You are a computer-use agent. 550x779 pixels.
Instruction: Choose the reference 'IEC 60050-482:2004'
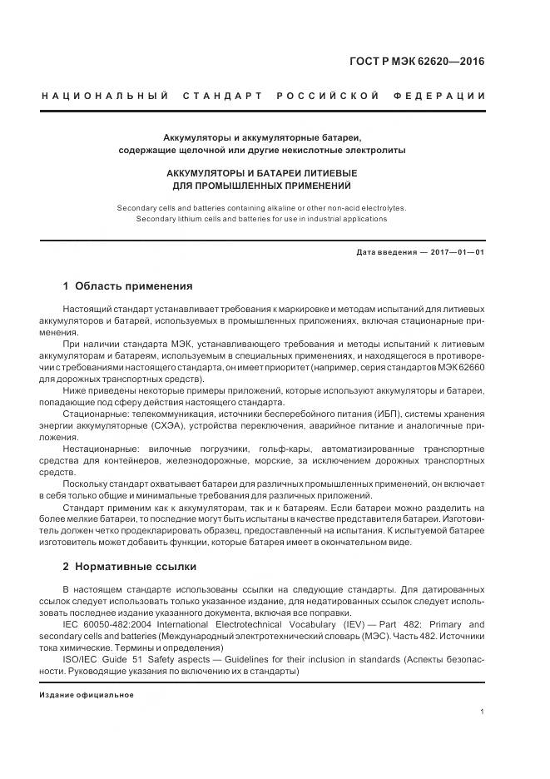click(109, 624)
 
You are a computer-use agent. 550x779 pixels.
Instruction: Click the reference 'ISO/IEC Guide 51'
click(102, 659)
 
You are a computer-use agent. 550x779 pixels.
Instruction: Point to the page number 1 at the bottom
click(483, 712)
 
